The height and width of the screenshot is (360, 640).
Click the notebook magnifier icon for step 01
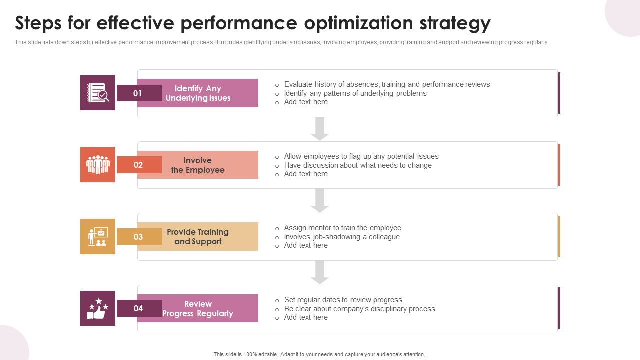tap(98, 93)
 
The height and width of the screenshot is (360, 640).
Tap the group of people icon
tap(98, 165)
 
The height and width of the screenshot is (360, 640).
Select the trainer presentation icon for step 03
tap(98, 236)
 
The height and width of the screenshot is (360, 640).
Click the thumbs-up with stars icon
tap(98, 308)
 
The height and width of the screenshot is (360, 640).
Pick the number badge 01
tap(138, 93)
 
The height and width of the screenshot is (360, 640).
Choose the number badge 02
tap(138, 165)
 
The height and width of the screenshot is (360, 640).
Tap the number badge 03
tap(138, 237)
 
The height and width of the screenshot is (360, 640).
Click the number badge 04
tap(138, 308)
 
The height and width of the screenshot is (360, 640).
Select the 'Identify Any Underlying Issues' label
tap(198, 93)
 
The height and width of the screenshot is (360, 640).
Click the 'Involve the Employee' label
tap(198, 165)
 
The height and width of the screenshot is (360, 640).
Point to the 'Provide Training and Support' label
tap(198, 237)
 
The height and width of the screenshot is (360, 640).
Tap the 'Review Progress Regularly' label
tap(198, 308)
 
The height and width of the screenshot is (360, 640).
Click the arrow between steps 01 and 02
tap(320, 129)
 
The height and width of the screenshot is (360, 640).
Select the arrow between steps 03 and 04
tap(320, 272)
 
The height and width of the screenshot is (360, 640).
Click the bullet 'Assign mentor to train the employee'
tap(342, 228)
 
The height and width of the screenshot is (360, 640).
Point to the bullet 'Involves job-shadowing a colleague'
tap(342, 237)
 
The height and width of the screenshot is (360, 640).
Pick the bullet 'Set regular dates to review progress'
tap(343, 300)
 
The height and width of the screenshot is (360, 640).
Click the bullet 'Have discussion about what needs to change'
tap(358, 165)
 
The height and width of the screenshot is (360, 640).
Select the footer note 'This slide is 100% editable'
tap(319, 354)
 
